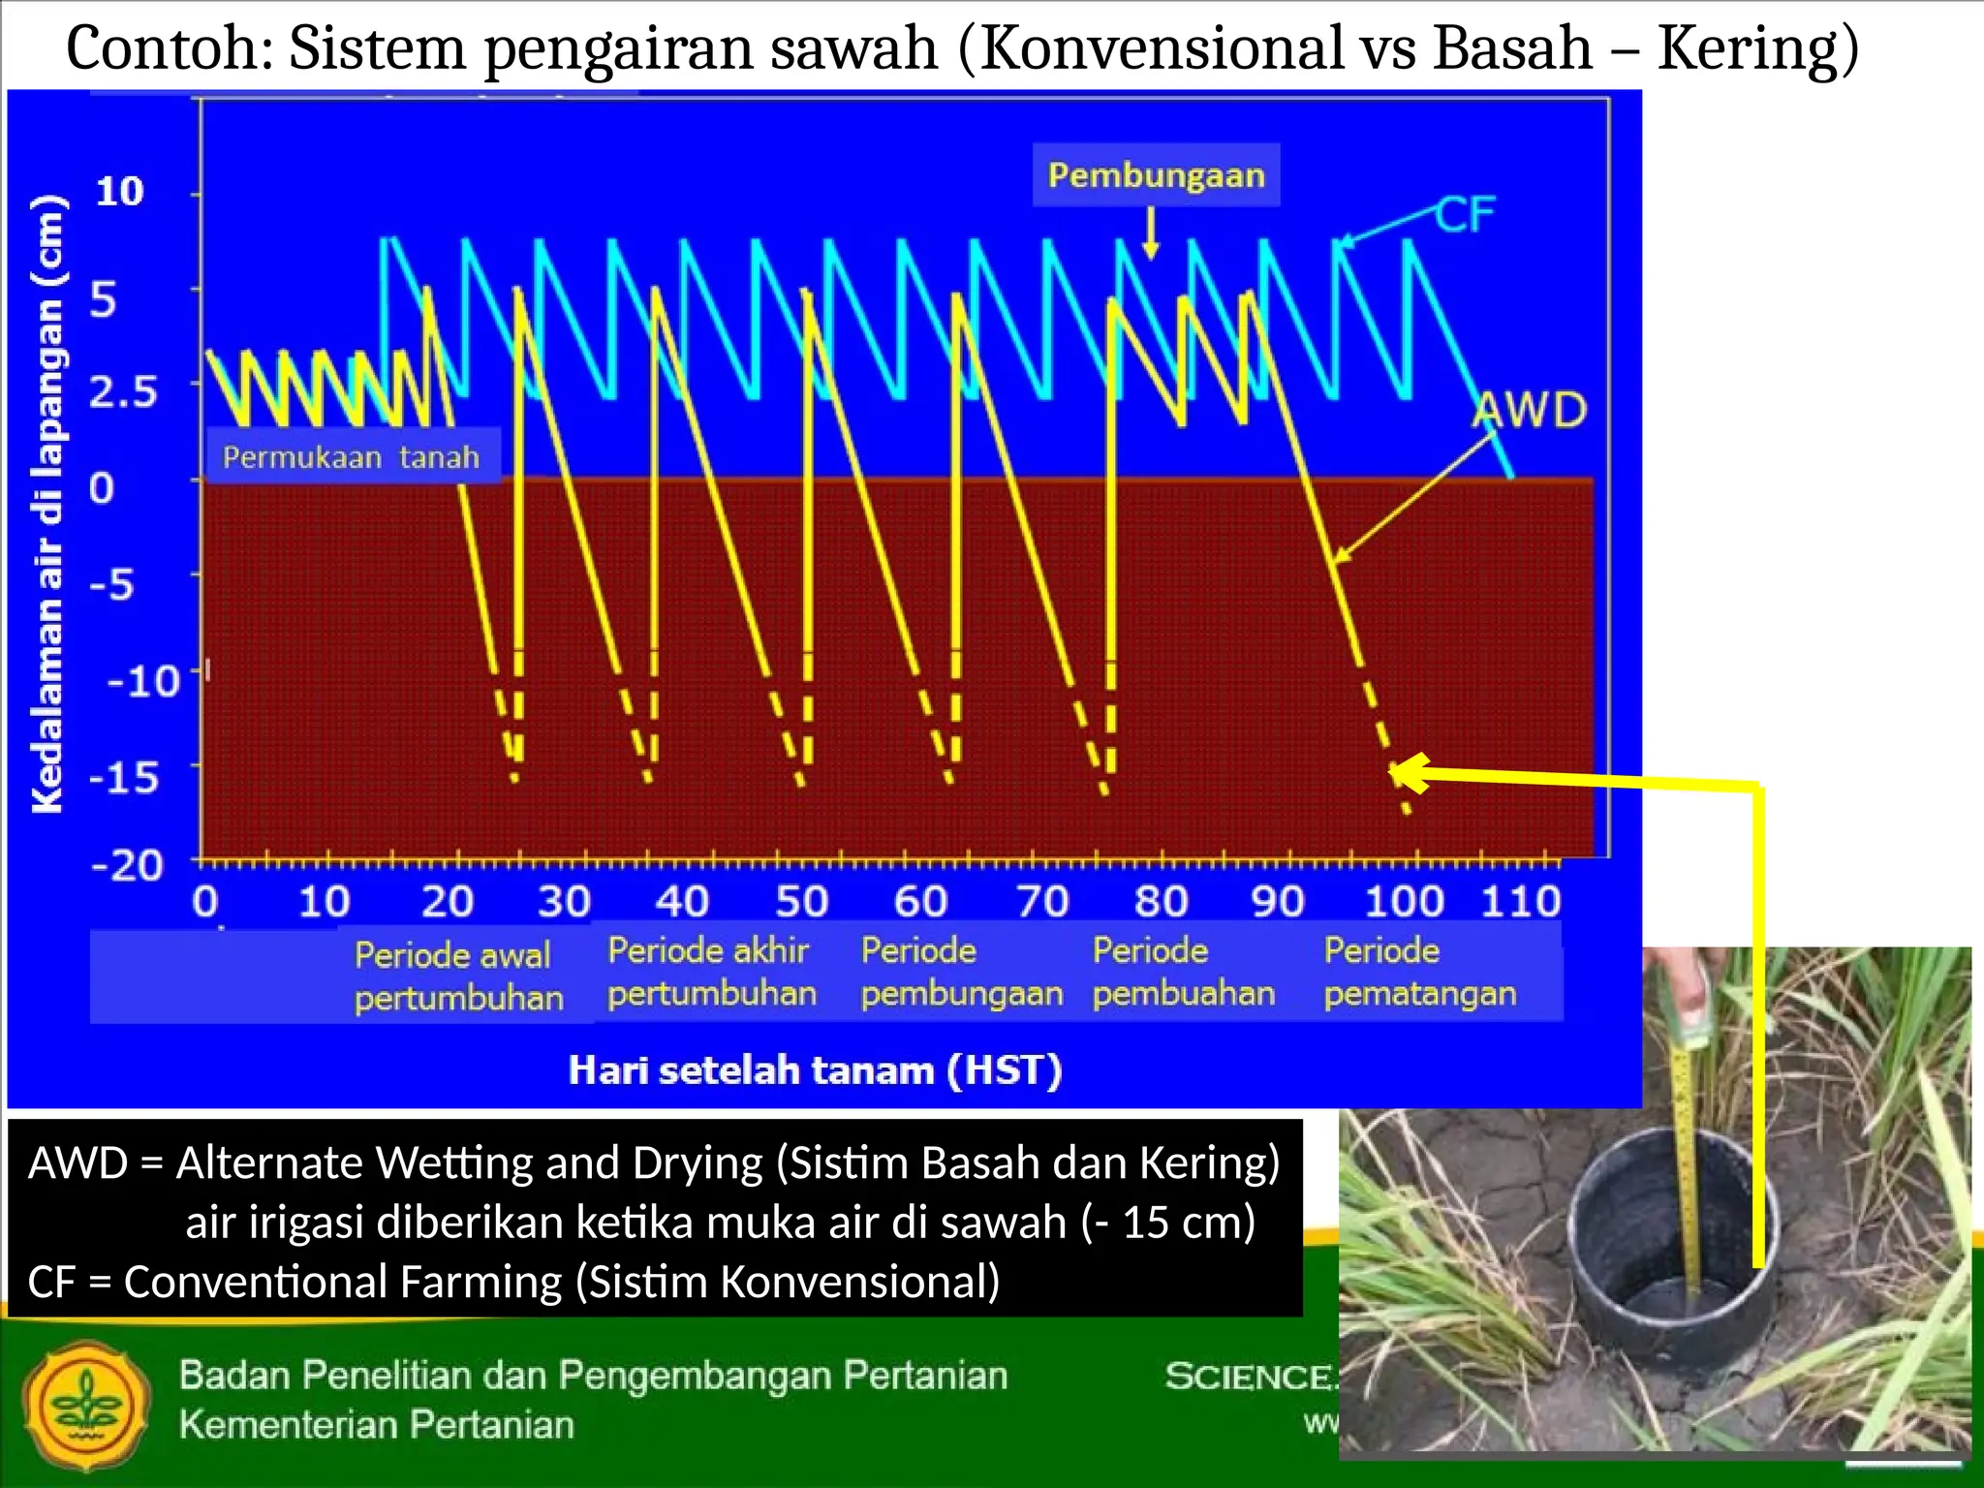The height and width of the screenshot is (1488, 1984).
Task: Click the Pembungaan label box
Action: (1156, 175)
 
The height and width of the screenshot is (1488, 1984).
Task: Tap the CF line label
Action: (1465, 215)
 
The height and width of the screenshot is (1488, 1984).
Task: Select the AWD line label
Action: (1529, 410)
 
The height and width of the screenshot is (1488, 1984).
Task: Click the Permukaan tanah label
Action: (351, 456)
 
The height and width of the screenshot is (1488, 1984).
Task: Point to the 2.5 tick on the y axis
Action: (123, 392)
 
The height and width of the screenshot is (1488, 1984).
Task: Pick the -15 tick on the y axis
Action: (124, 777)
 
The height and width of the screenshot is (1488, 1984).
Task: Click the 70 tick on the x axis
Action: (1042, 902)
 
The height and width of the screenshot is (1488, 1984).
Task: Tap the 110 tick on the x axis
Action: (1520, 902)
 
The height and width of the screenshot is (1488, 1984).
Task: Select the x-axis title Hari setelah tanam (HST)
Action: (815, 1070)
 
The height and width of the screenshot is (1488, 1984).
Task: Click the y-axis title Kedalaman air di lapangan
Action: (47, 504)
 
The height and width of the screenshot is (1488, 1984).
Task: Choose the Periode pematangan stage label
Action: (1419, 972)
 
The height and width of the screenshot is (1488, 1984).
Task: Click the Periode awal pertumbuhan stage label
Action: (457, 976)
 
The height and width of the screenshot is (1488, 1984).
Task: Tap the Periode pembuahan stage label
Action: (1183, 972)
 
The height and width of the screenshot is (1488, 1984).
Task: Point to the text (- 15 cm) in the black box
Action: (1167, 1223)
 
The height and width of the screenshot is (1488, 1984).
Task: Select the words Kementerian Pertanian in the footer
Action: (376, 1425)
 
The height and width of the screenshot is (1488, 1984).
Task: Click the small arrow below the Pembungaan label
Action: (1151, 233)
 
